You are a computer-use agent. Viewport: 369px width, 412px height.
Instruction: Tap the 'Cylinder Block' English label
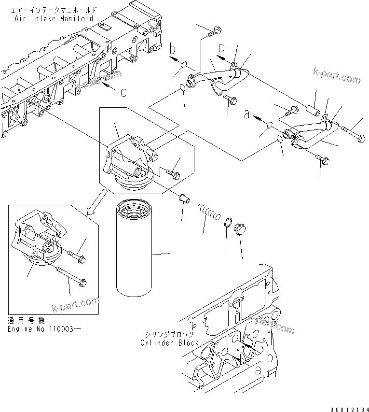point(169,342)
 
